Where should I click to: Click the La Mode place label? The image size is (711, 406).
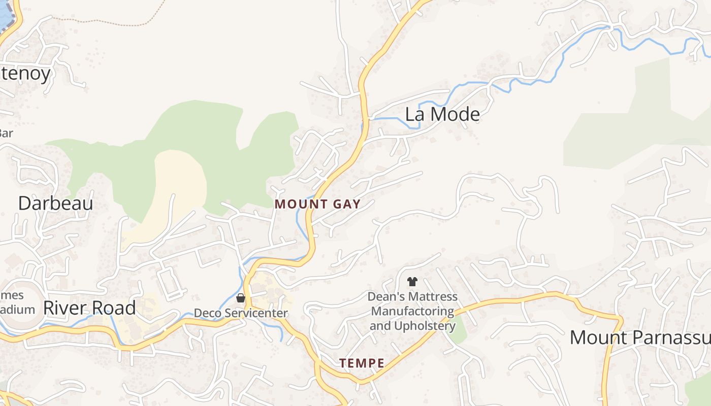click(442, 114)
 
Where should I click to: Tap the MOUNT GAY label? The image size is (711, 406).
click(317, 205)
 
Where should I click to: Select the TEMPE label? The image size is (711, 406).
click(362, 363)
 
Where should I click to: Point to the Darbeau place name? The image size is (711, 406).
click(55, 204)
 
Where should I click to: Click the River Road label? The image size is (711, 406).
click(89, 308)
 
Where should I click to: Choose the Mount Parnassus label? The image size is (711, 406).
click(640, 337)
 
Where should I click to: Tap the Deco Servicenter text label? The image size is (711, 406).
click(241, 313)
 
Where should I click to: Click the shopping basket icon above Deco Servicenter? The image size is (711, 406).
click(241, 298)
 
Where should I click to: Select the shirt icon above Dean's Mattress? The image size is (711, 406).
click(412, 281)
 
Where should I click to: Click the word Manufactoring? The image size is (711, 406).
click(412, 311)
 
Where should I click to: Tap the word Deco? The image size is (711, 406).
click(208, 313)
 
